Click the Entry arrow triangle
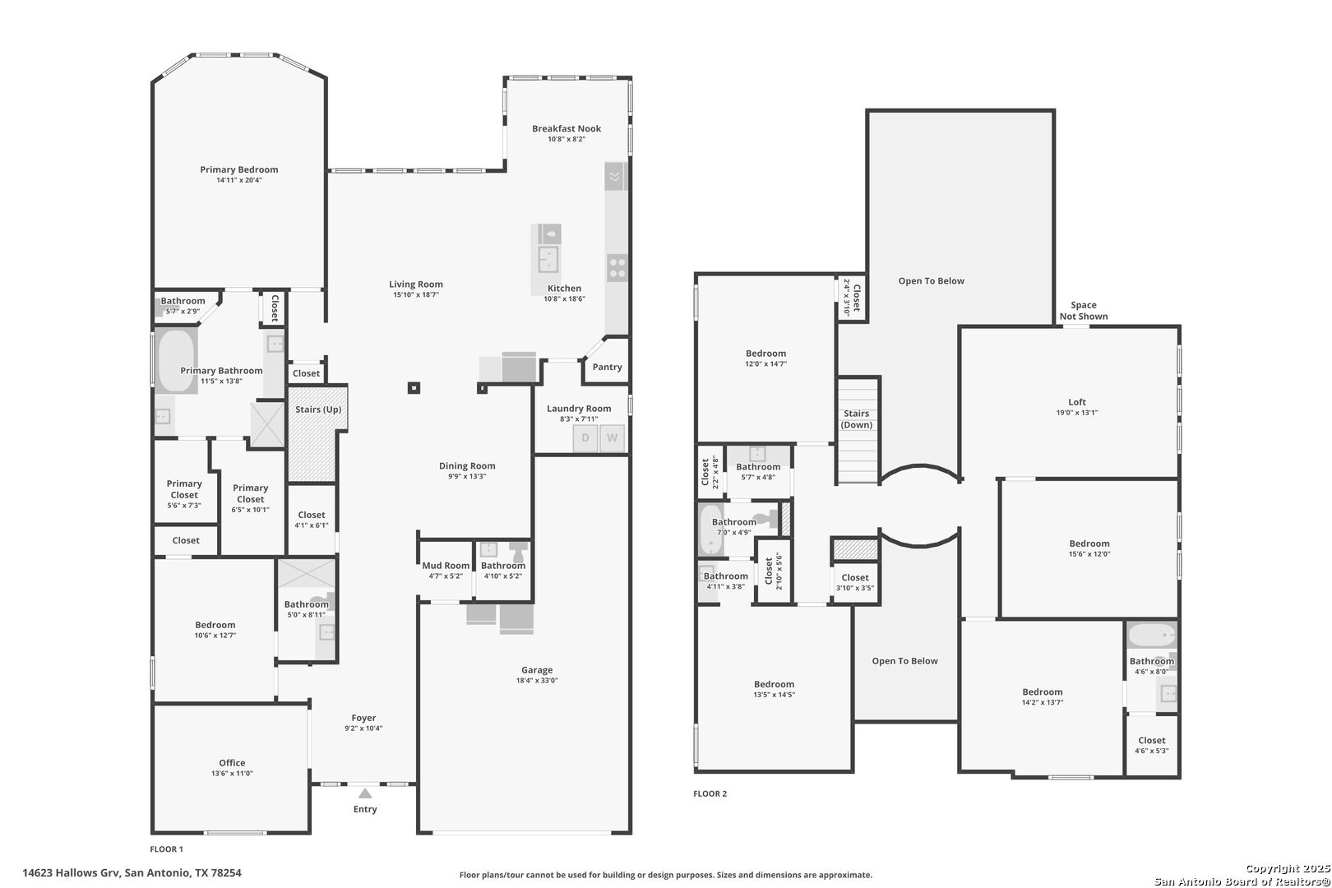tap(365, 793)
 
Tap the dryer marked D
tap(585, 438)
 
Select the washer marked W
tap(612, 438)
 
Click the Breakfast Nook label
tap(566, 128)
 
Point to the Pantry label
tap(607, 367)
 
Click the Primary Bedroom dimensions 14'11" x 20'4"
tap(239, 180)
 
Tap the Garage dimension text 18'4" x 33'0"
tap(537, 681)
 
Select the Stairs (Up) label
tap(318, 409)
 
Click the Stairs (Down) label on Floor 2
tap(856, 419)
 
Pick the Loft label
tap(1077, 402)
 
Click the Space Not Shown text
tap(1084, 311)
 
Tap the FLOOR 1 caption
tap(166, 849)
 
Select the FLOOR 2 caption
tap(710, 793)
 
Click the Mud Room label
tap(446, 566)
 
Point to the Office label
tap(232, 763)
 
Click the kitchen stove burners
tap(617, 268)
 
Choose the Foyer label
tap(363, 718)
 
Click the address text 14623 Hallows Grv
tap(71, 873)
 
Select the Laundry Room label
tap(579, 409)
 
